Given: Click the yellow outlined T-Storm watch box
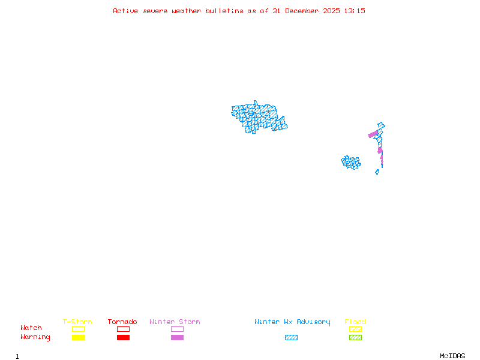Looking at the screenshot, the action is tap(78, 329).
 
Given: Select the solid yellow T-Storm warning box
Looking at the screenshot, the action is tap(78, 338).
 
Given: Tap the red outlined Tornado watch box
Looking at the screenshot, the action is tap(123, 329).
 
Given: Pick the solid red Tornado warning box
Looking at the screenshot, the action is tap(123, 338).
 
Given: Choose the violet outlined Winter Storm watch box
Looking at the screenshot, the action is tap(177, 329).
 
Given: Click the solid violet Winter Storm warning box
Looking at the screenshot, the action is tap(177, 338).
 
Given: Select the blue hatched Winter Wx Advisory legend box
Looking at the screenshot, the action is tap(291, 338).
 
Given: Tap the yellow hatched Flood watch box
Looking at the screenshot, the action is tap(355, 329).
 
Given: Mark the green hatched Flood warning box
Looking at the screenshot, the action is tap(355, 338).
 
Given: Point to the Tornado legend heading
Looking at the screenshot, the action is tap(122, 322).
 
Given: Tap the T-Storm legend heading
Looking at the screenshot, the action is tap(77, 322).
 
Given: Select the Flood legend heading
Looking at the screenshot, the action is tap(355, 322).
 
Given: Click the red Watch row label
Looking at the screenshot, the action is tap(31, 328).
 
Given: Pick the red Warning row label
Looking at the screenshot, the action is tap(35, 337).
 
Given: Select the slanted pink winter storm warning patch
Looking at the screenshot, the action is tap(373, 134).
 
